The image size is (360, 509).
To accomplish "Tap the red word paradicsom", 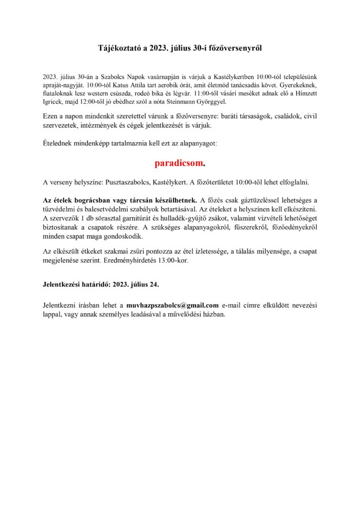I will pyautogui.click(x=179, y=163).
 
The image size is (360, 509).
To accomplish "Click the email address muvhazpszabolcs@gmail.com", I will pyautogui.click(x=173, y=305).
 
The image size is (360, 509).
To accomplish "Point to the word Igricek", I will pyautogui.click(x=54, y=102).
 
